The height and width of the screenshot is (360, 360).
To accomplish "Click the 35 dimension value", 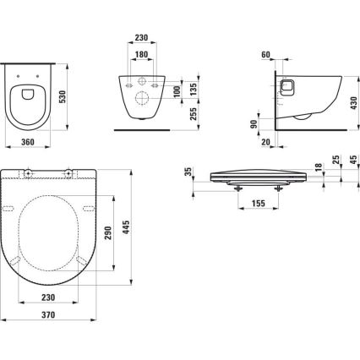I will click(x=188, y=175).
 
